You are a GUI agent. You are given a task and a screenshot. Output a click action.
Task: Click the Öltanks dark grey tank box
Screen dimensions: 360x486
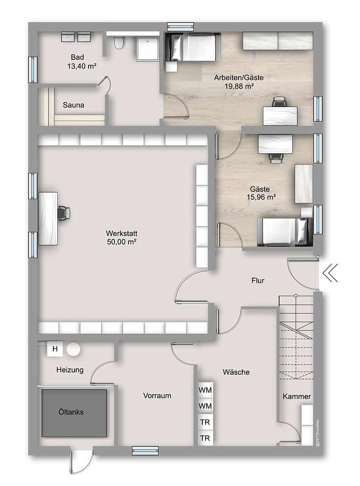74,413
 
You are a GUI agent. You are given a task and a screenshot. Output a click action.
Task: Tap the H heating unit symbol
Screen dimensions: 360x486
55,349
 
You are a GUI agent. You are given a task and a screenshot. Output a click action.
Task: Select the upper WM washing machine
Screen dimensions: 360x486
205,390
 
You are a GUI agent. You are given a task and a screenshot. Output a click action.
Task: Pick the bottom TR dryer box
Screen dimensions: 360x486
205,438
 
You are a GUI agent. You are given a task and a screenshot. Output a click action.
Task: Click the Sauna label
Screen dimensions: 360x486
73,105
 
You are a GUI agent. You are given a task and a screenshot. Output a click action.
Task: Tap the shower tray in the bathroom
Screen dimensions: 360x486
148,47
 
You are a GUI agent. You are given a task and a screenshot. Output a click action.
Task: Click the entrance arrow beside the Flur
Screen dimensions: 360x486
330,273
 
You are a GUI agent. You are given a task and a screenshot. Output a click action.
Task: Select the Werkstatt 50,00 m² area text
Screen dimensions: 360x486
121,238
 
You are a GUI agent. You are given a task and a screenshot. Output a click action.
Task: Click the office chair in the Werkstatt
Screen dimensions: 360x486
64,213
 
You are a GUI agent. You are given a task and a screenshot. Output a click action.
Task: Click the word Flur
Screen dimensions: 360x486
258,280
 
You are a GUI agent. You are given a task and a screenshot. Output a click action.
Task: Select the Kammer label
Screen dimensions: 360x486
297,396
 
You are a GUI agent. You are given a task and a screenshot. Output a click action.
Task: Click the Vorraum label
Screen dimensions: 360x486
157,395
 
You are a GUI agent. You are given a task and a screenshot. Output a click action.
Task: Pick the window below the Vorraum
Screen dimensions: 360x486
145,451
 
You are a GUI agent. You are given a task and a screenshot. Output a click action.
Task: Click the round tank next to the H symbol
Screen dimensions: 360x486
74,349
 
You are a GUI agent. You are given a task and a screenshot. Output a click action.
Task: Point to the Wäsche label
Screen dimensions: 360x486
236,372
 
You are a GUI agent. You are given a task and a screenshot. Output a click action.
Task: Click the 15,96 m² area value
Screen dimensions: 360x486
261,197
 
